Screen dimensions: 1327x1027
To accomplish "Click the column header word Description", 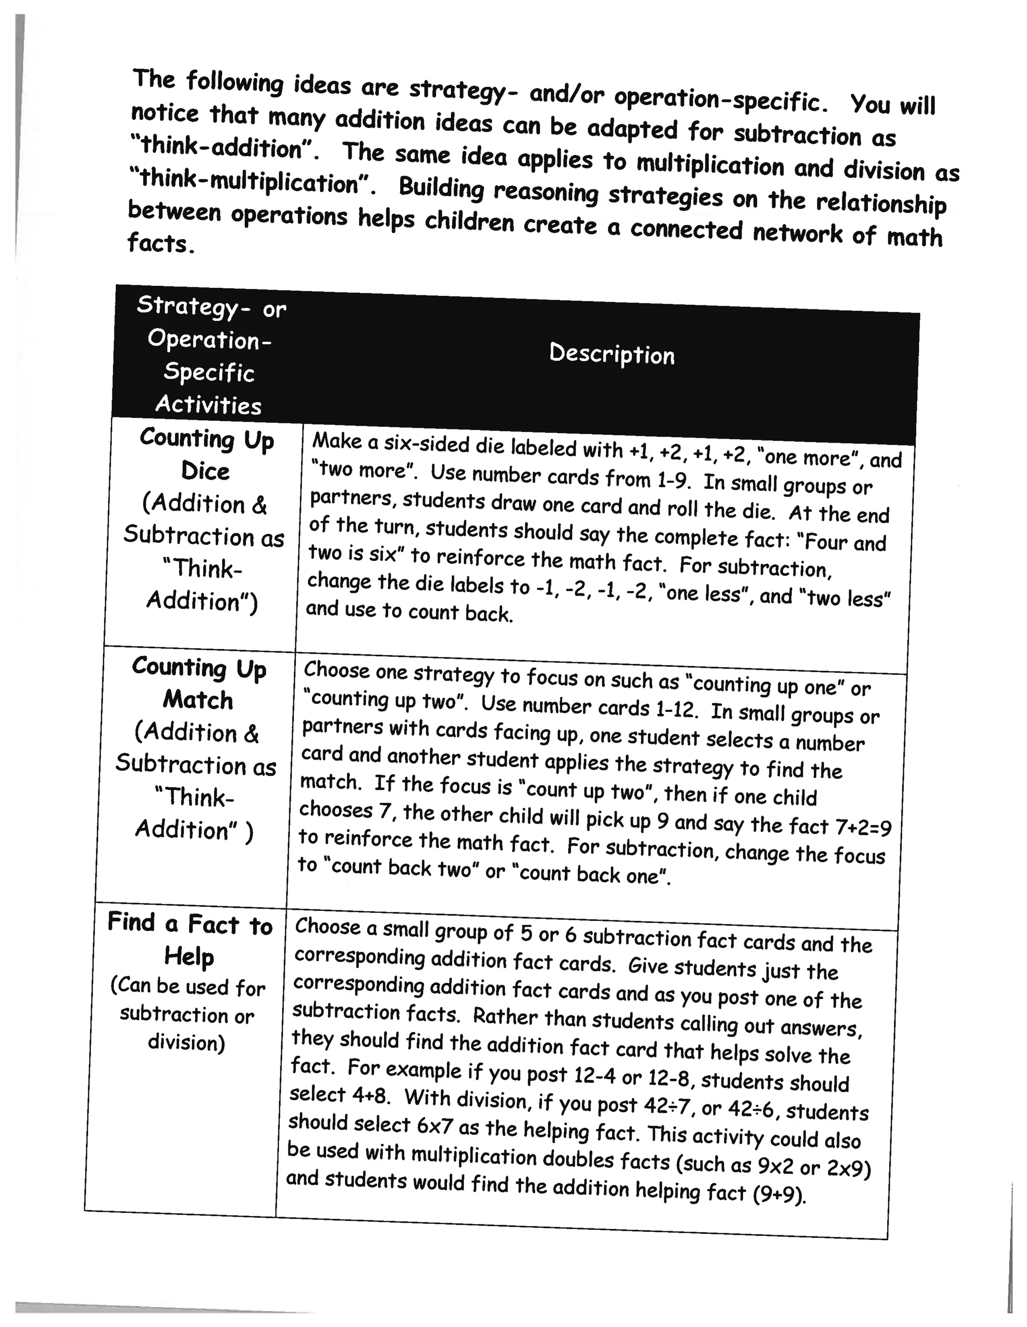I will pos(611,353).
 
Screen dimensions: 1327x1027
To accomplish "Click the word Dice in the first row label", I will pos(206,471).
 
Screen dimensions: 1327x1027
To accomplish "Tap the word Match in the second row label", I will pos(198,699).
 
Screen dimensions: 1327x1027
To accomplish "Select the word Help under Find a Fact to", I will pos(189,957).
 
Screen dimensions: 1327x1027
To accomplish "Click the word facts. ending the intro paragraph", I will pos(161,244).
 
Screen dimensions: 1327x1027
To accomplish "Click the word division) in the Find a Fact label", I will pos(186,1043).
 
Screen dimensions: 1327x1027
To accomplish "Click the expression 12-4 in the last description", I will pos(594,1076).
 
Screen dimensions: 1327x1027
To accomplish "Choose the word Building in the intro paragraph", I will pos(441,188).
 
